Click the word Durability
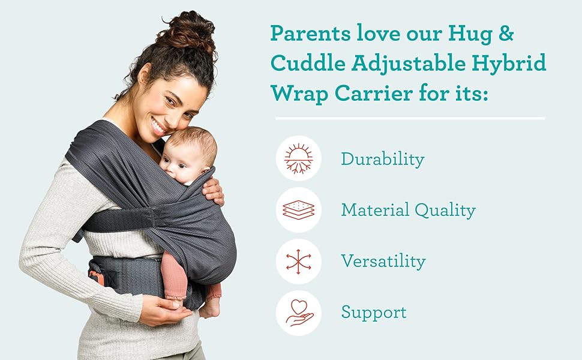[382, 159]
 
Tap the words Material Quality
[408, 210]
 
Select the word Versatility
[383, 261]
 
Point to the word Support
[373, 313]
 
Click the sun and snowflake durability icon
[299, 159]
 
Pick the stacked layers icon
[299, 210]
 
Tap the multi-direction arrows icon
[299, 261]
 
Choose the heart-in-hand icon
[299, 313]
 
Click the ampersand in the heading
[506, 34]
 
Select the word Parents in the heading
[310, 34]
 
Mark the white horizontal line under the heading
[410, 118]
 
